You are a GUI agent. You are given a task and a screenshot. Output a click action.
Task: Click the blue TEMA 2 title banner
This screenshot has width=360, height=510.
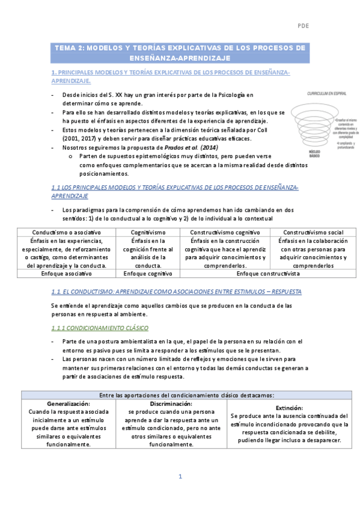click(180, 53)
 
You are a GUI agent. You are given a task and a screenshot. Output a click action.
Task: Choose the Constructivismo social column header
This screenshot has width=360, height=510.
click(313, 232)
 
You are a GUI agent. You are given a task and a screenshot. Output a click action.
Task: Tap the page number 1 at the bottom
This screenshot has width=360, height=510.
click(180, 477)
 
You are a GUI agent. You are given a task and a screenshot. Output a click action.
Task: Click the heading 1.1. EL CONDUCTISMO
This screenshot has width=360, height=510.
click(176, 291)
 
